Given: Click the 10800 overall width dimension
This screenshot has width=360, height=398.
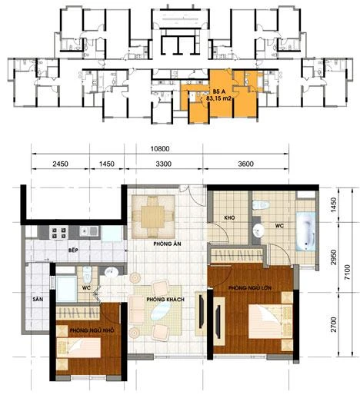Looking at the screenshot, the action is click(x=160, y=149).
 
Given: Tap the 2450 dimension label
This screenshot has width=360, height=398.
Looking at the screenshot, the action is click(x=60, y=164).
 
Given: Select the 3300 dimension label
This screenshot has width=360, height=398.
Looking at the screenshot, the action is click(x=164, y=164).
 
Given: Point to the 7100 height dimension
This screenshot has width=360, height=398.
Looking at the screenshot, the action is click(x=347, y=272).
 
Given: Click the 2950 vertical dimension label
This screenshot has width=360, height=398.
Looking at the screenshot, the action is click(x=333, y=257).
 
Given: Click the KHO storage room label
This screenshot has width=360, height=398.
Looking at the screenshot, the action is click(x=229, y=218).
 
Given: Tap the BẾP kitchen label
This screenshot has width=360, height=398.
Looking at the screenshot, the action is click(x=73, y=250).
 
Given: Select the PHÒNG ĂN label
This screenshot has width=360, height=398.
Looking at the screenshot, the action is click(x=167, y=244).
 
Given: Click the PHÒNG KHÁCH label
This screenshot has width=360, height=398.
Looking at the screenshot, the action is click(x=165, y=299).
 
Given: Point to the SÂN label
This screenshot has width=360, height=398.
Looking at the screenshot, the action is click(x=38, y=299).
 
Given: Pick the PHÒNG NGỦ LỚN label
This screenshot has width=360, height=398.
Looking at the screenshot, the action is click(x=250, y=288).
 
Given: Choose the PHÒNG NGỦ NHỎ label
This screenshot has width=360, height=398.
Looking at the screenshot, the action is click(x=92, y=330).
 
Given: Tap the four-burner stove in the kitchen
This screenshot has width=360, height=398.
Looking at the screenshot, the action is click(x=59, y=233).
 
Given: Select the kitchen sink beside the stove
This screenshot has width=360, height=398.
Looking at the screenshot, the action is click(x=89, y=231).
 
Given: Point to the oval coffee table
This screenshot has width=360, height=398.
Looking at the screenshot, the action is click(x=161, y=310).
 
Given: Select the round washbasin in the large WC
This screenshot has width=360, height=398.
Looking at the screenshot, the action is click(x=258, y=230).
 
